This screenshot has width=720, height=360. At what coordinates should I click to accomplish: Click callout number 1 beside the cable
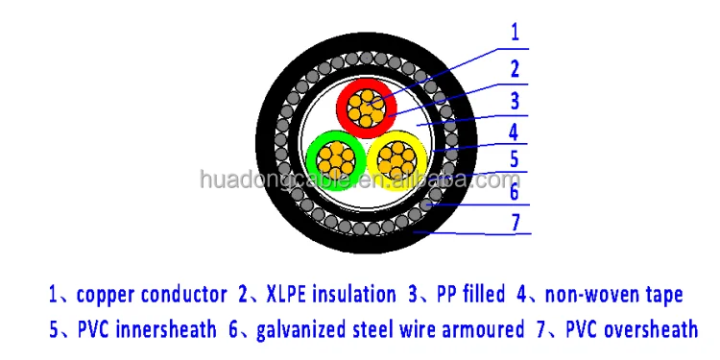515,31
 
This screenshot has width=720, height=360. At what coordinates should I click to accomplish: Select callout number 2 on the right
515,67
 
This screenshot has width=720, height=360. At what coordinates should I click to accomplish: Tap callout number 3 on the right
515,99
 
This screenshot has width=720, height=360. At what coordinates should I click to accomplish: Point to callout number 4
515,131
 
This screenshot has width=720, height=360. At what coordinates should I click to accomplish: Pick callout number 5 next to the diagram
515,159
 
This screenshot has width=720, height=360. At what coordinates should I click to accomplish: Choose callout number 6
515,192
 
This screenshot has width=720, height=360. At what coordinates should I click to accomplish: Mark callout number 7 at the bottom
515,222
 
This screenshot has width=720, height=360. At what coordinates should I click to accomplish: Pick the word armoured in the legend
473,330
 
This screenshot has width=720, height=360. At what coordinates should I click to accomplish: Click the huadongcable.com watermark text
359,180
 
